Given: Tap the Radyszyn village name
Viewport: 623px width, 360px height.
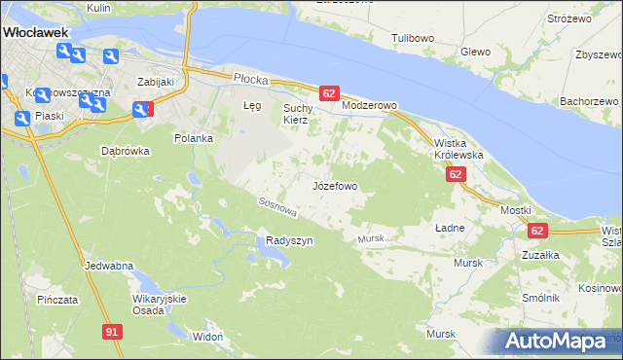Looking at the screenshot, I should point(289,241).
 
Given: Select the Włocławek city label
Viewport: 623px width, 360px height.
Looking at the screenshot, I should point(34,31).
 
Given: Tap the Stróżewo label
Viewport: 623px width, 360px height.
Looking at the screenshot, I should point(570,18).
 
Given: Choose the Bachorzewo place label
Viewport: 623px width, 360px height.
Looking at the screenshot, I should point(589,101).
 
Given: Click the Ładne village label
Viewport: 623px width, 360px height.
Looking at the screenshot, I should point(450,227).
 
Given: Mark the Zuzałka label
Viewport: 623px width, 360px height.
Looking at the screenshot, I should point(539,255).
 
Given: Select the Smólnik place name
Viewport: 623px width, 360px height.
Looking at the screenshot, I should point(539,298).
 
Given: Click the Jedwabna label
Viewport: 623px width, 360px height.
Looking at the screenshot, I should point(109,266).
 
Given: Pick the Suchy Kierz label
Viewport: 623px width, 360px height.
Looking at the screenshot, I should point(296,114).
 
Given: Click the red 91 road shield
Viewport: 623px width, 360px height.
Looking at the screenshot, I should point(113,332).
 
